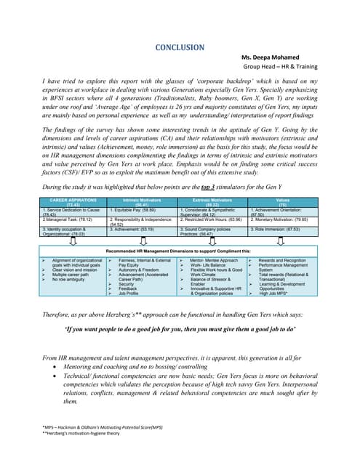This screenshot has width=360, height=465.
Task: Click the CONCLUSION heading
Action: [x=180, y=48]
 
